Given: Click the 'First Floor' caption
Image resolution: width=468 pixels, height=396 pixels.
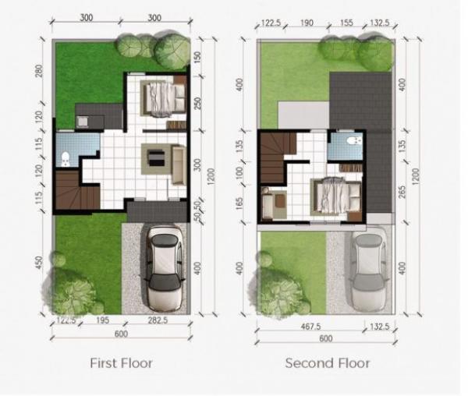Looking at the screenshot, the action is point(121,363).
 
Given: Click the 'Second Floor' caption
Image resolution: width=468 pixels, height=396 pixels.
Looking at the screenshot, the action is point(328,363).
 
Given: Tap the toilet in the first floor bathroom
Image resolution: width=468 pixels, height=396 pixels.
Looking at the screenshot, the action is point(66,159).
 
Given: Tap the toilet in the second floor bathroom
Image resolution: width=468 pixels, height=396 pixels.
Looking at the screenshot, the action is point(354,140).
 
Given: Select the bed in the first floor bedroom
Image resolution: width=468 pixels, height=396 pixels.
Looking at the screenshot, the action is point(164,98).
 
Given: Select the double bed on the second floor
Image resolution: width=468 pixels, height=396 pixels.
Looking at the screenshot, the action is point(335,196).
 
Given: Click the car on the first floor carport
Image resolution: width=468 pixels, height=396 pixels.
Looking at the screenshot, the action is point(165,268).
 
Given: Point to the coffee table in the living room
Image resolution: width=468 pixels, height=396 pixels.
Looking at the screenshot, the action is point(157,158).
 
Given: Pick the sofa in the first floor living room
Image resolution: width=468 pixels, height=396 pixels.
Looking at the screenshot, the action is point(179,164).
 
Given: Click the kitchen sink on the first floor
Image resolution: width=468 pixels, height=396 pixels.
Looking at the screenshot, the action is point(82,122).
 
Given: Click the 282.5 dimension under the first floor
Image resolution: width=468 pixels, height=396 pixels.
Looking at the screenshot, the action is point(158,320).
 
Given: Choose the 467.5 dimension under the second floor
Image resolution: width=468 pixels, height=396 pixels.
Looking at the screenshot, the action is point(310,327).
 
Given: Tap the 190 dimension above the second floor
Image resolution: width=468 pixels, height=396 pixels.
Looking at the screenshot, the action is point(307,23).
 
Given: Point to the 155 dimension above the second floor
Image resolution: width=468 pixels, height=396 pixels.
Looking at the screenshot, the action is point(346,23).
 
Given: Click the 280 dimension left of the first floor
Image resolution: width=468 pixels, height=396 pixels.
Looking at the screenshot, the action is point(39,71).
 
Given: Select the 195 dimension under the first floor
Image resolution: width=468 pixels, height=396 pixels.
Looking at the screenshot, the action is point(102,320).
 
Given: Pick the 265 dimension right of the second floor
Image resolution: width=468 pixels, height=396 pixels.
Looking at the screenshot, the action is point(402,193).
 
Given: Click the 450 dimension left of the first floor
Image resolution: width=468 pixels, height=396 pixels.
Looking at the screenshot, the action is point(39,263).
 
